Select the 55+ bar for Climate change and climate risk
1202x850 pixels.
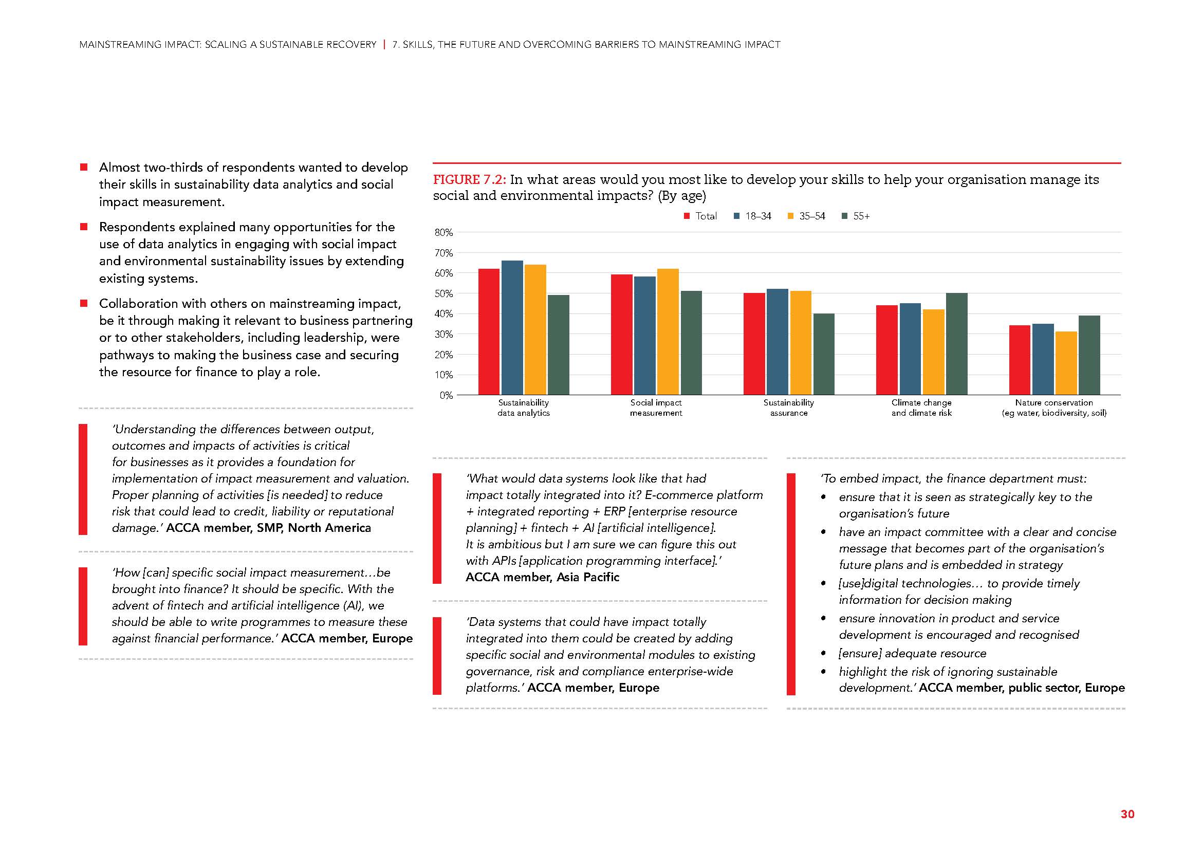(x=956, y=344)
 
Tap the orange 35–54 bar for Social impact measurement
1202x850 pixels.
(x=668, y=332)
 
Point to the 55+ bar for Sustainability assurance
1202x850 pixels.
(x=824, y=355)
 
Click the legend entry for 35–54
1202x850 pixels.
(x=806, y=216)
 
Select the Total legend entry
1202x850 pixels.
(x=700, y=216)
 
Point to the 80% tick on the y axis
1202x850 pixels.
(x=443, y=233)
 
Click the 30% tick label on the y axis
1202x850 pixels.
(x=443, y=335)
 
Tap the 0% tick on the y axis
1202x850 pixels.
(x=446, y=396)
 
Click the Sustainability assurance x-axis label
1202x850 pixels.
(x=788, y=408)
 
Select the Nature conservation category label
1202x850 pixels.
(x=1054, y=408)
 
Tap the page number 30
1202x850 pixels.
(x=1127, y=814)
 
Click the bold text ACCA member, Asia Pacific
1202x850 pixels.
(x=542, y=577)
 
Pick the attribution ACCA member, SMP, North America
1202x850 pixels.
(x=269, y=528)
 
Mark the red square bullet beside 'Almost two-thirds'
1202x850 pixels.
(x=83, y=168)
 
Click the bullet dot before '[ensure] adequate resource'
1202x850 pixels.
(x=824, y=654)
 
